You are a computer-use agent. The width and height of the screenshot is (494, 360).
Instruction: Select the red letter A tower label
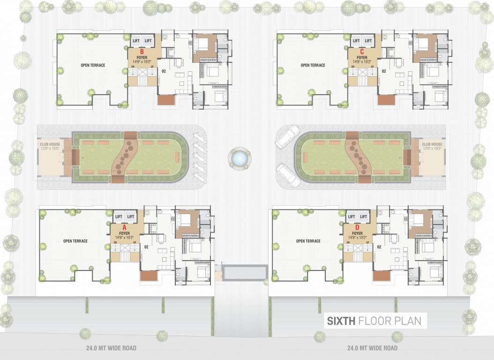point(124,227)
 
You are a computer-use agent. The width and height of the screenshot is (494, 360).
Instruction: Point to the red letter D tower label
point(357,227)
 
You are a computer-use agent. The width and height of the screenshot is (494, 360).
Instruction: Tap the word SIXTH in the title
point(341,321)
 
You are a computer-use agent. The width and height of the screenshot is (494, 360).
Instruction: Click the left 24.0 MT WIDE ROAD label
point(112,348)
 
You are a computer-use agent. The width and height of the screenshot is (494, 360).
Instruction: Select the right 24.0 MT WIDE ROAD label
point(372,348)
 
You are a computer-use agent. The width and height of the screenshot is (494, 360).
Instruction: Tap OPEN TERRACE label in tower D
point(308,241)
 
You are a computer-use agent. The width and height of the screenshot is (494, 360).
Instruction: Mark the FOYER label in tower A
point(124,233)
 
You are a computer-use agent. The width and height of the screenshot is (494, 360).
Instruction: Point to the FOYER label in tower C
point(361,58)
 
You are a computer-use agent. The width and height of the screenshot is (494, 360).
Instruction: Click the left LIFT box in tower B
point(136,41)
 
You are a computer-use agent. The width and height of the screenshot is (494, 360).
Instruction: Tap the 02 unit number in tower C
point(383,71)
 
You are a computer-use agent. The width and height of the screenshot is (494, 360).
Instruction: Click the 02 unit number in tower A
point(146,247)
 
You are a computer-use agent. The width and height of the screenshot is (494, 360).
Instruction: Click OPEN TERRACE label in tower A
point(75,241)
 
